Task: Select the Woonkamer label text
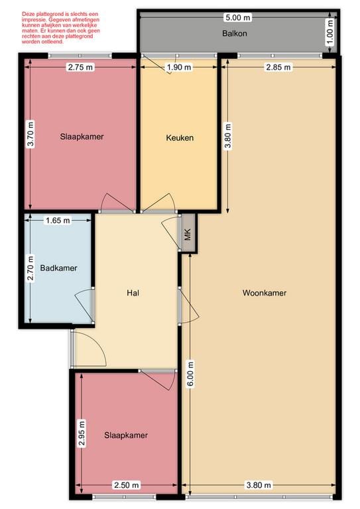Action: point(265,292)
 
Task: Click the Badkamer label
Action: point(58,268)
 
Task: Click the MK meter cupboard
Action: point(188,234)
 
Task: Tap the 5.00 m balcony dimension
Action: point(237,17)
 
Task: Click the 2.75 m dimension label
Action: point(80,66)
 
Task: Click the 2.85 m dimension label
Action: point(278,67)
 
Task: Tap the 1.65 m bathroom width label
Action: point(58,221)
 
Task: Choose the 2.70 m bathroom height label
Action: point(30,270)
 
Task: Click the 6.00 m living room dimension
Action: point(191,374)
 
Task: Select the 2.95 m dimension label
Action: point(82,434)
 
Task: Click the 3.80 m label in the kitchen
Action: point(228,137)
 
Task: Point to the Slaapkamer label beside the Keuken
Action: point(82,137)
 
